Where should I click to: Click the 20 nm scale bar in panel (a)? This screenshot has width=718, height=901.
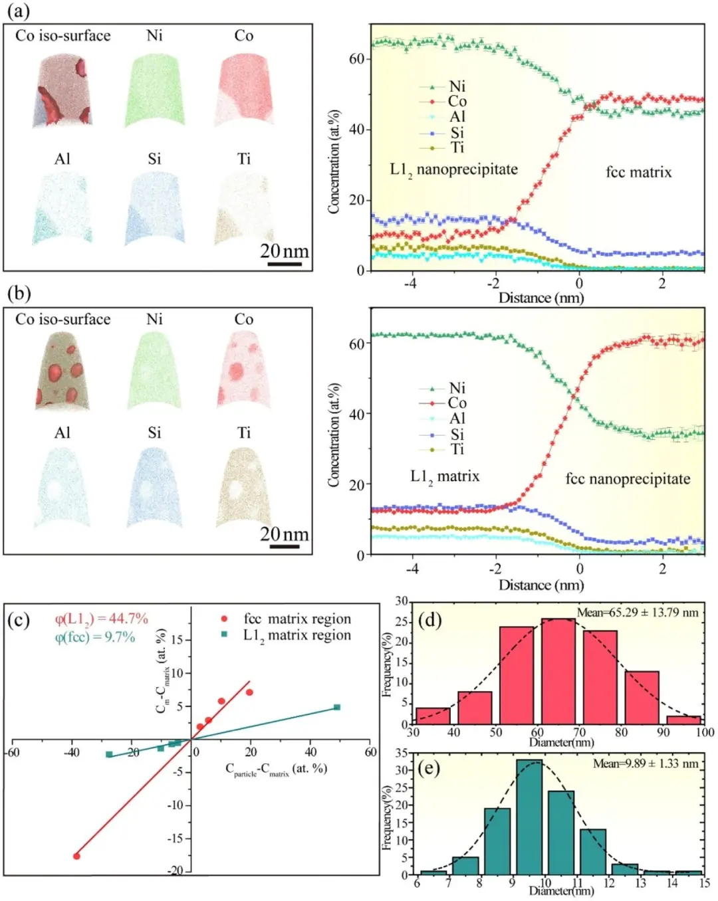285,264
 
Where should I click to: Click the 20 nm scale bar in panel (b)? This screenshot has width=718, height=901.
285,547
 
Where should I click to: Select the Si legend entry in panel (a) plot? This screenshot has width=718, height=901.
456,132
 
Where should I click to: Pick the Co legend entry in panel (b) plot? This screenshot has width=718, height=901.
456,403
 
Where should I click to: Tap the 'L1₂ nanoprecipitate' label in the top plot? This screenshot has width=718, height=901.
453,169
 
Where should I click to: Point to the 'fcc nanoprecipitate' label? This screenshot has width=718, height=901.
628,479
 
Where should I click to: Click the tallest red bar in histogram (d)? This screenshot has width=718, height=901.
558,670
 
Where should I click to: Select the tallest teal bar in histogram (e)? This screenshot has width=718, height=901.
529,817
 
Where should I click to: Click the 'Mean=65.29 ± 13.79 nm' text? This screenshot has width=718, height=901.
638,613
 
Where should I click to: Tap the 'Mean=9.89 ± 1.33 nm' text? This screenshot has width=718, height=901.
646,763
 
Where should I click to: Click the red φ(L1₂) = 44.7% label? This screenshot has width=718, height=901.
101,619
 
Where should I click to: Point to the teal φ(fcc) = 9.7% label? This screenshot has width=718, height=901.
95,637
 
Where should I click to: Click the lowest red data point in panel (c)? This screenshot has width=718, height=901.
76,856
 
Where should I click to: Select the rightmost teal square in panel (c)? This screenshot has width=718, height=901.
337,707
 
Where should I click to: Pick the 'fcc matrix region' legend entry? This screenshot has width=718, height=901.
297,619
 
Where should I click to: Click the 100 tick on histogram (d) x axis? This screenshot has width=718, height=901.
705,732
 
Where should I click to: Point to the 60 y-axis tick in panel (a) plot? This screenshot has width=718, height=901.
357,58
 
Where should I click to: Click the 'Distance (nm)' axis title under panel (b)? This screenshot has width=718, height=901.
541,585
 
